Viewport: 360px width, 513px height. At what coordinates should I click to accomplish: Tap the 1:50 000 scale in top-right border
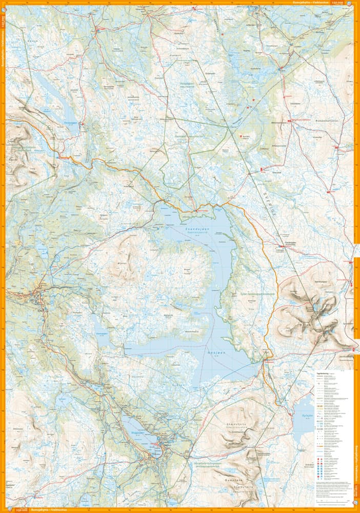click(338, 3)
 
